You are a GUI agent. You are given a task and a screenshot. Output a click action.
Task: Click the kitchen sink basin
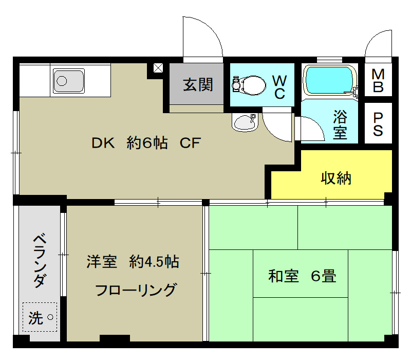coord(69,81)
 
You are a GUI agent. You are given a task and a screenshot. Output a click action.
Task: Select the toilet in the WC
coord(248,85)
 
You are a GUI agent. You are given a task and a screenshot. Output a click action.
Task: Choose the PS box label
coord(378,123)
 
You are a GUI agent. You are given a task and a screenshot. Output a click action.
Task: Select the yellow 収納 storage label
coord(336,178)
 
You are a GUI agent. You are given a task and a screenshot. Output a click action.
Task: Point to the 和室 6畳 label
coord(302,276)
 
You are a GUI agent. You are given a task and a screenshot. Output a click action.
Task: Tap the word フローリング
coord(135,290)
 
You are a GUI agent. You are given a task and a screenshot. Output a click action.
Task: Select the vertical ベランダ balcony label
coord(41,260)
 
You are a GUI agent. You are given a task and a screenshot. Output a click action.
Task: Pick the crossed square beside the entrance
coord(158,68)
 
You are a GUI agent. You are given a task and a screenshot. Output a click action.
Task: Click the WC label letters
coord(279,87)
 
